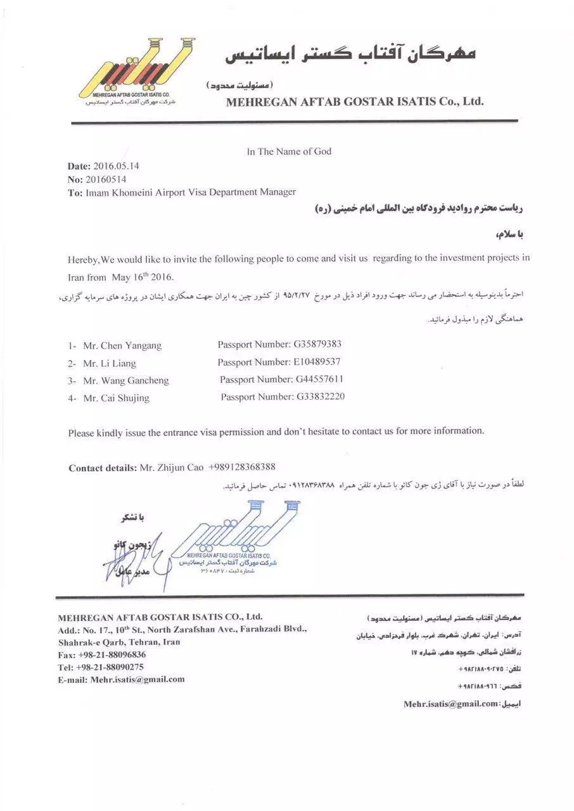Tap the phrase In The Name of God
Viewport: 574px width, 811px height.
click(289, 151)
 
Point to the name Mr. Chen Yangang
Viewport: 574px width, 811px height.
click(122, 346)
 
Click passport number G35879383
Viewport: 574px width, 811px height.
click(317, 345)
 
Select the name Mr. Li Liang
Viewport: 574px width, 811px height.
click(110, 364)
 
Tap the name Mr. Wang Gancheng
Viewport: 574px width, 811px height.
click(126, 381)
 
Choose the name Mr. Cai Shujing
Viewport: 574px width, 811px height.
click(117, 399)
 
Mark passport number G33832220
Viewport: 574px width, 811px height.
click(321, 397)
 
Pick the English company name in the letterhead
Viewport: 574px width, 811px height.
click(355, 101)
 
